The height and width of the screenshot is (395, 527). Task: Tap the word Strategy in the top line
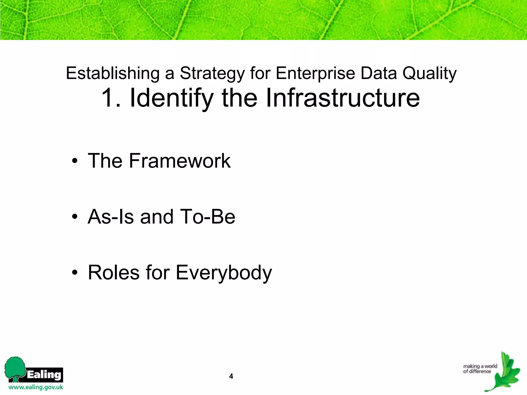coord(212,74)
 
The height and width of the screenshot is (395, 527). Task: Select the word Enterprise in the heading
coord(315,74)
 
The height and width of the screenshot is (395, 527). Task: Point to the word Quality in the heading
coord(429,74)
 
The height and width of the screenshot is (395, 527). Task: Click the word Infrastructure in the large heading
coord(342,98)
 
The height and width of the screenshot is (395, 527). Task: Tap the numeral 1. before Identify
coord(111,98)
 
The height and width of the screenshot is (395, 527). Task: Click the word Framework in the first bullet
coord(180,161)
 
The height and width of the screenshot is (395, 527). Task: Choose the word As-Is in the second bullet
coord(111,217)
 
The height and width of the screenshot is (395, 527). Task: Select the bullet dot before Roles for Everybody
coord(75,273)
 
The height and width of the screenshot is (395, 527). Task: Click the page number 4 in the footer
coord(231,376)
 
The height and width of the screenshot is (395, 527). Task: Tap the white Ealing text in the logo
coord(44,374)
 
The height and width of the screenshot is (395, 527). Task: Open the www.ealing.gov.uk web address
coord(36,387)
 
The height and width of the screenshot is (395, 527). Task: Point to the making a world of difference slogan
coord(480,369)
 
